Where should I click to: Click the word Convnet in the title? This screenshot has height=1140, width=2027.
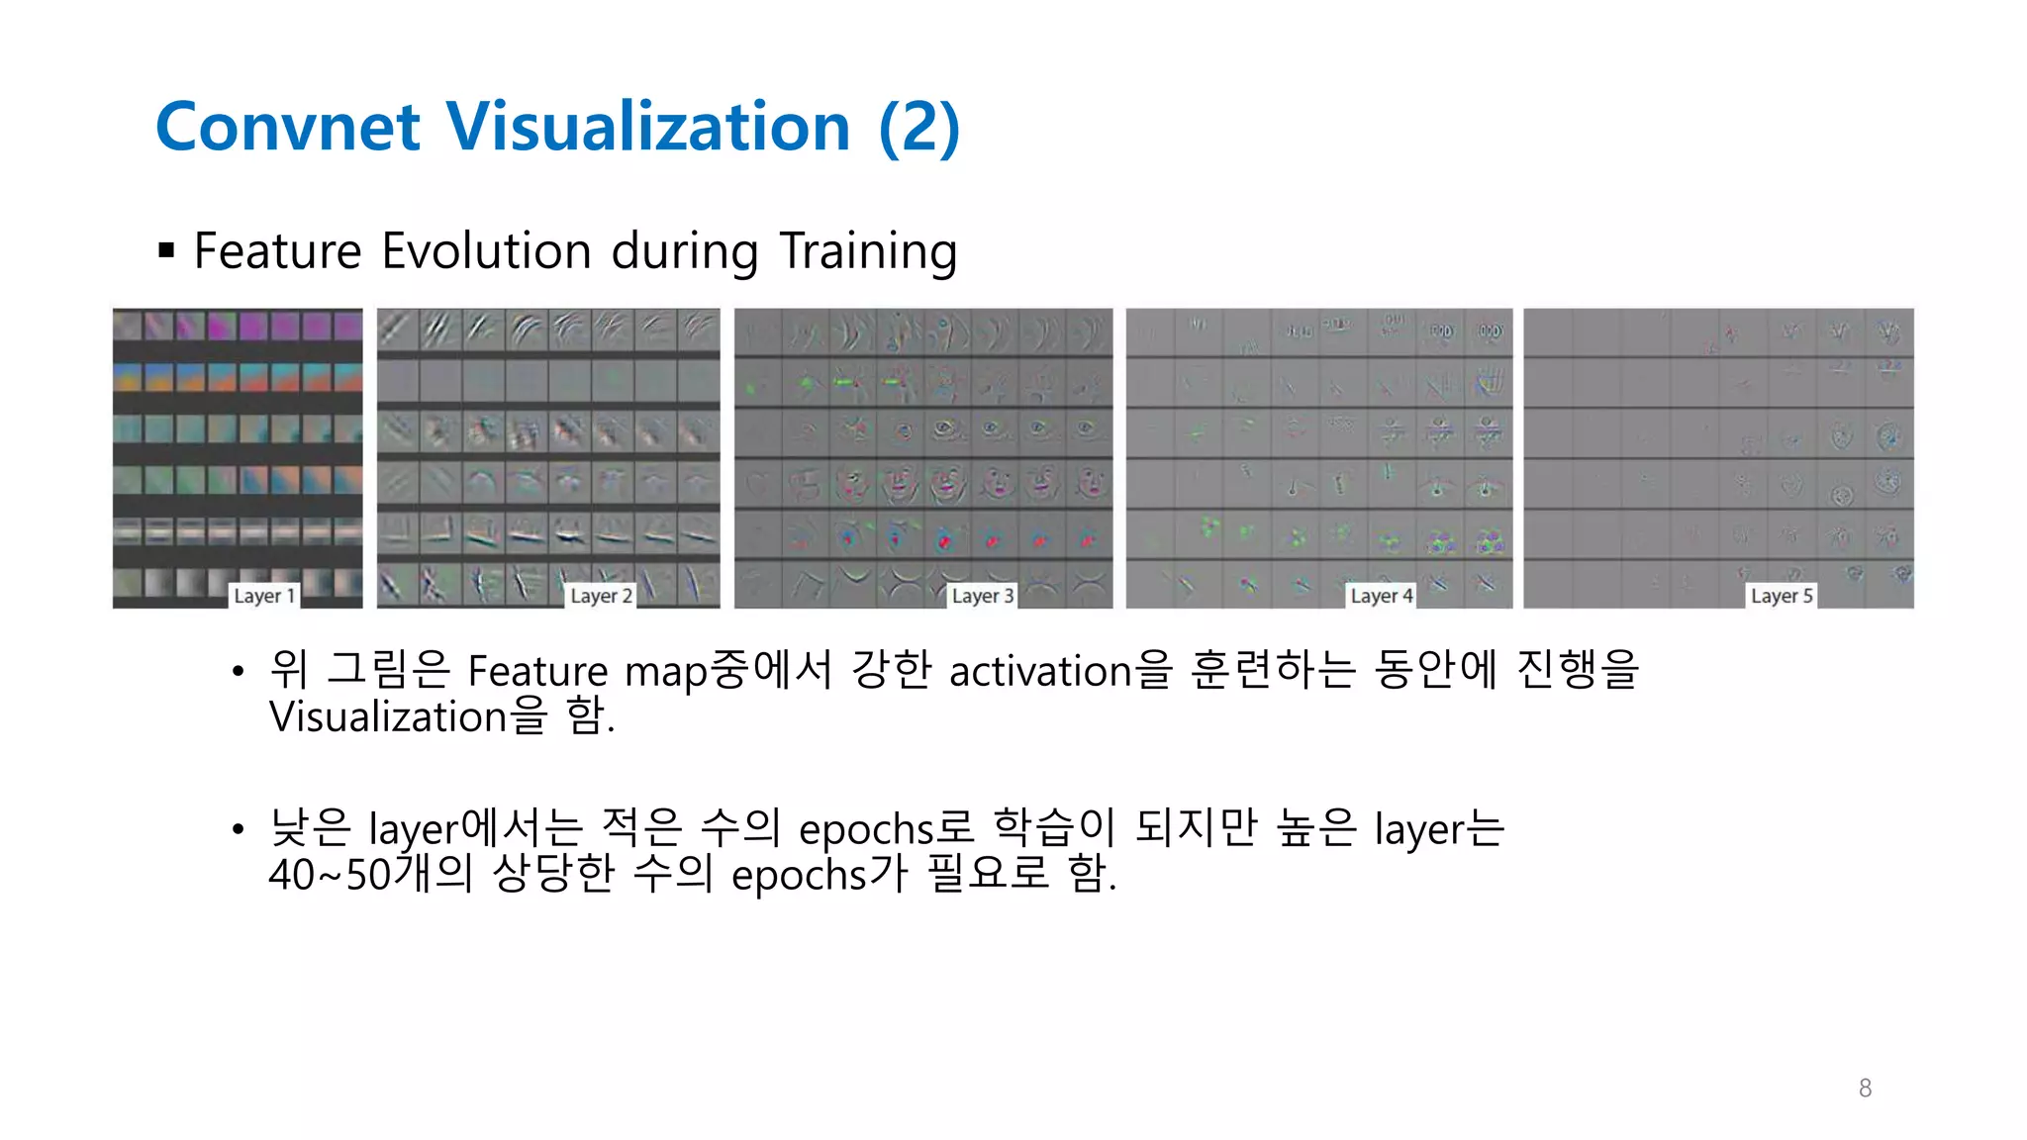pyautogui.click(x=288, y=128)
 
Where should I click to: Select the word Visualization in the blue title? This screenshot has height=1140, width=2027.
pyautogui.click(x=648, y=128)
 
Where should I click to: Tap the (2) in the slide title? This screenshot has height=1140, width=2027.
pyautogui.click(x=919, y=128)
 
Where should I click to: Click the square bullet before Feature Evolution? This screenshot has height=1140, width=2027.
pyautogui.click(x=166, y=250)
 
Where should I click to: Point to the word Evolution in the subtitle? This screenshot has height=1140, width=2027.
pyautogui.click(x=486, y=250)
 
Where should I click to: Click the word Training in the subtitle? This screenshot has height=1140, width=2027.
pyautogui.click(x=868, y=250)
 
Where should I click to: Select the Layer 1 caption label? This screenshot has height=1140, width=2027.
pyautogui.click(x=264, y=596)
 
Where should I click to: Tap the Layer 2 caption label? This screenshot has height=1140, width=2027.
pyautogui.click(x=601, y=596)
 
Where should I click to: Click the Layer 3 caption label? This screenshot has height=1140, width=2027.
pyautogui.click(x=982, y=596)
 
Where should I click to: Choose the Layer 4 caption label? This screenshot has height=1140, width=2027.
pyautogui.click(x=1382, y=596)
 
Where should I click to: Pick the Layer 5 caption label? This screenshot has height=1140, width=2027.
pyautogui.click(x=1782, y=596)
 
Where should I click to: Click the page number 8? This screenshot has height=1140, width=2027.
pyautogui.click(x=1865, y=1089)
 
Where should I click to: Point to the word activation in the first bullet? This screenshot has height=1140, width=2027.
pyautogui.click(x=1039, y=672)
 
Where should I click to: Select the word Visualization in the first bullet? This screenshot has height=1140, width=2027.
pyautogui.click(x=388, y=716)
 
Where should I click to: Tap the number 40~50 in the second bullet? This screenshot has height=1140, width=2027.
pyautogui.click(x=330, y=875)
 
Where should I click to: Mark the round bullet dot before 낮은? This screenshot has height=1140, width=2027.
pyautogui.click(x=238, y=828)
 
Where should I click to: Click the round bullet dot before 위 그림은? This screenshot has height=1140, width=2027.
pyautogui.click(x=238, y=672)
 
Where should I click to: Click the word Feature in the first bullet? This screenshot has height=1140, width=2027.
pyautogui.click(x=537, y=672)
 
